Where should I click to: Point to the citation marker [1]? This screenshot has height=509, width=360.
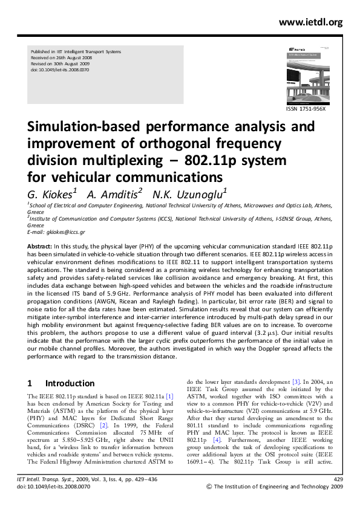coord(170,395)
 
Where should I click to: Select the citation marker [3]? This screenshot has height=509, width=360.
coord(296,381)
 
